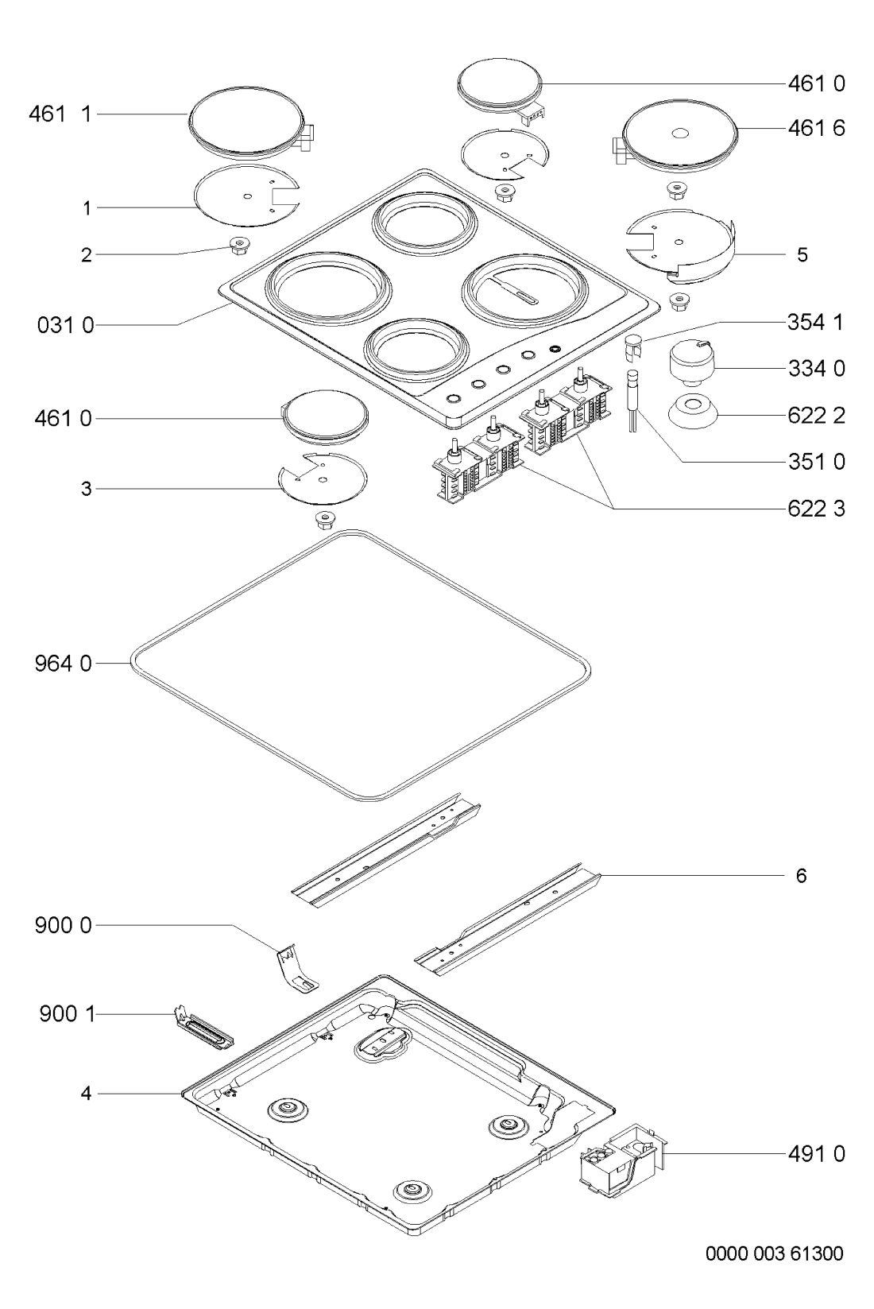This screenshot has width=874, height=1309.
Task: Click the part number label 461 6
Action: click(x=816, y=128)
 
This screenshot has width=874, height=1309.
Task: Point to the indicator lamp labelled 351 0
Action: click(x=632, y=401)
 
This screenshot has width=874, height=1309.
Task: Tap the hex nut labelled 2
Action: click(x=238, y=245)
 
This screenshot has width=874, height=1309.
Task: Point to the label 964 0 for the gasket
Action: click(x=63, y=664)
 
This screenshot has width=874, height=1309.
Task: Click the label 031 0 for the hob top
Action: click(x=65, y=325)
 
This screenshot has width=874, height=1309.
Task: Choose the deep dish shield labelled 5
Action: click(x=680, y=245)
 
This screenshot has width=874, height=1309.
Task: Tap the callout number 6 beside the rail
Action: click(x=801, y=875)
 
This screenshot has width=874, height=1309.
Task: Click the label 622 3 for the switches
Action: click(x=816, y=509)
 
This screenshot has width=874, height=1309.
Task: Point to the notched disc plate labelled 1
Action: click(x=246, y=196)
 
